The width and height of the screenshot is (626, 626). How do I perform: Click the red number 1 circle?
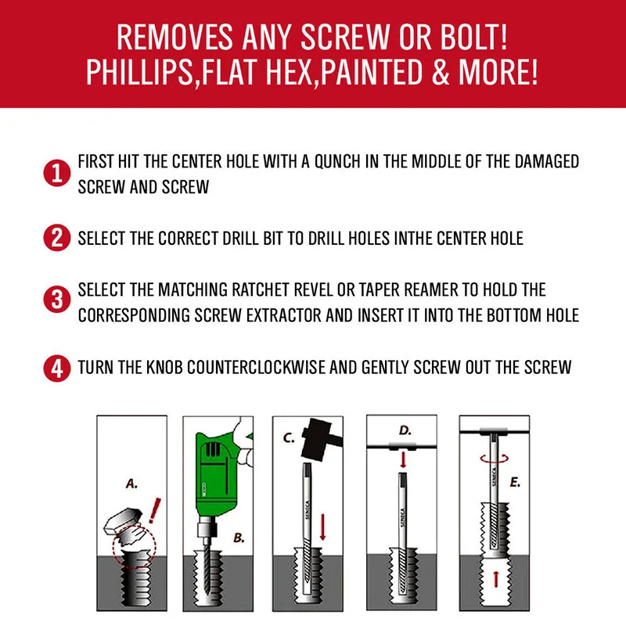coord(56,173)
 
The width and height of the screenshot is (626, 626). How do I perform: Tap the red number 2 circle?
coord(56,238)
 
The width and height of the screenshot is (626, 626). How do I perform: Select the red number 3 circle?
coord(56,299)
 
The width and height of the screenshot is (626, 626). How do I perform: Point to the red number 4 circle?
coord(56,369)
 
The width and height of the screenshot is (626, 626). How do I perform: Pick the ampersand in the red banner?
coord(440,72)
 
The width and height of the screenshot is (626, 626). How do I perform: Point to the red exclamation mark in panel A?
coord(154,510)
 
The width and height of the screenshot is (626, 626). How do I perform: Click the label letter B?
coord(239,538)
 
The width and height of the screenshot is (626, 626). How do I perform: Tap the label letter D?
coord(405,430)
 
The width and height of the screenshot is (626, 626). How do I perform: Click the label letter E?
coord(515,482)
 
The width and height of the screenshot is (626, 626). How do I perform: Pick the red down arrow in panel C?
coord(323,527)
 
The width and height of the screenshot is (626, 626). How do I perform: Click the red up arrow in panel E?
coord(495,579)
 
